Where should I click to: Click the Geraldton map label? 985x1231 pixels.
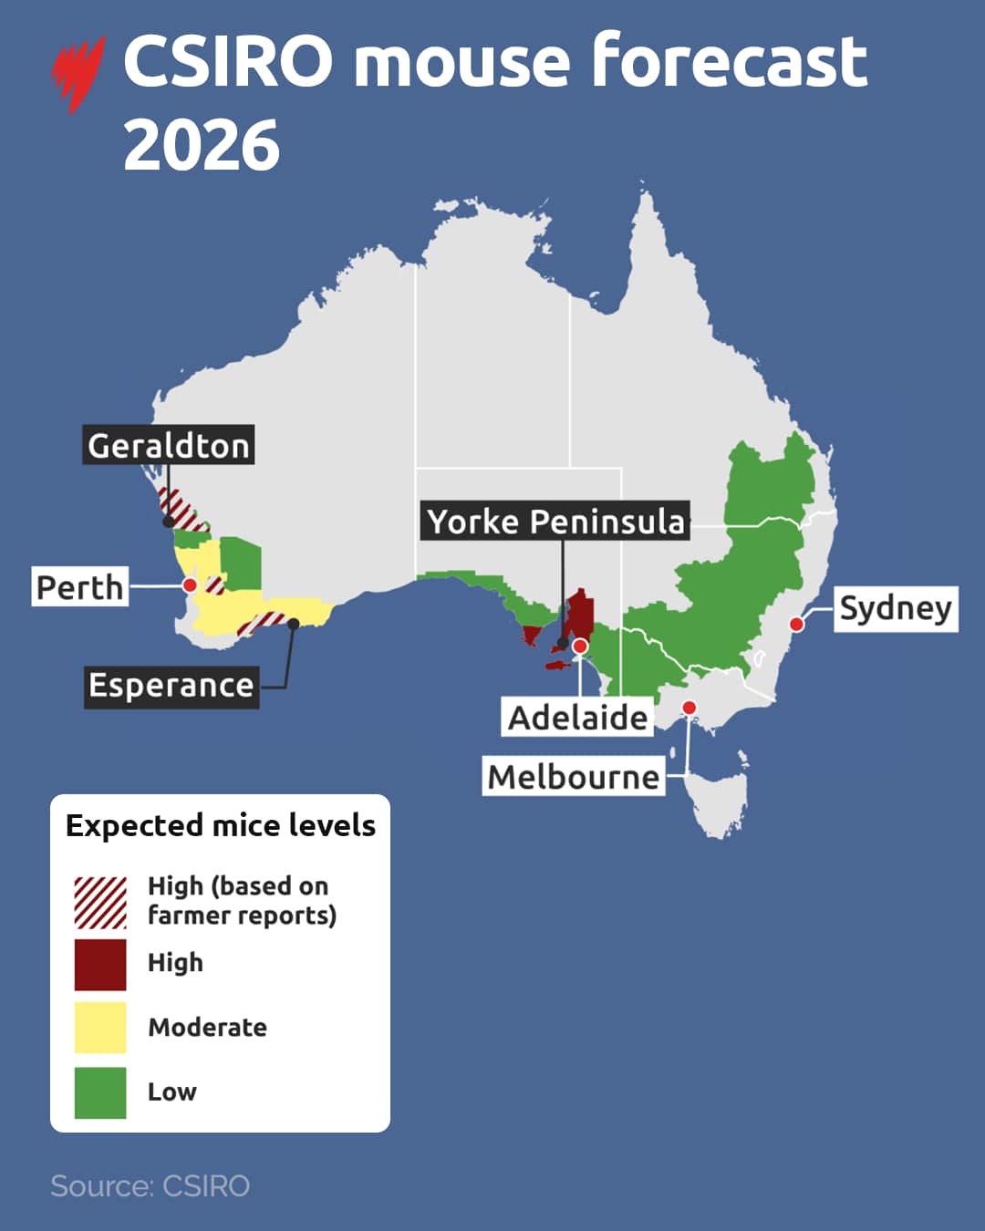tap(169, 445)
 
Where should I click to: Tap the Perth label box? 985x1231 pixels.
tap(79, 586)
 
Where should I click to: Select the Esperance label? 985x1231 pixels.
tap(171, 685)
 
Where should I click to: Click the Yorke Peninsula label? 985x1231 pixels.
tap(555, 521)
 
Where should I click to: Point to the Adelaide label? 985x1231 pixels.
tap(577, 717)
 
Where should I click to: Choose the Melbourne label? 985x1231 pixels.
tap(573, 777)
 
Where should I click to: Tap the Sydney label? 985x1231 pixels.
tap(895, 608)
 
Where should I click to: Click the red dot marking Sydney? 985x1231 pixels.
tap(796, 625)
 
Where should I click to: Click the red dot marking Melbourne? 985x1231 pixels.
tap(689, 708)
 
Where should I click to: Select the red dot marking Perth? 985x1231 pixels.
tap(190, 585)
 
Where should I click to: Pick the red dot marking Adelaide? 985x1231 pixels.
tap(579, 647)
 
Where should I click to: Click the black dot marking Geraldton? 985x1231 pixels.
tap(169, 522)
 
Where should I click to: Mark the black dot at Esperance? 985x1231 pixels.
tap(294, 625)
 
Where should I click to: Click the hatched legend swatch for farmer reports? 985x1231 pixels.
tap(100, 902)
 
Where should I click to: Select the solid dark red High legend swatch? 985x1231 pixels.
tap(100, 965)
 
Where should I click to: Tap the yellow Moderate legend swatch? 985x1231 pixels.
tap(100, 1028)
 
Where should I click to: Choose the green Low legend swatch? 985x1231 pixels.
tap(100, 1092)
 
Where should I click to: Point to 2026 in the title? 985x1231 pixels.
tap(202, 146)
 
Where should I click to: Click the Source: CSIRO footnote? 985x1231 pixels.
tap(150, 1185)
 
